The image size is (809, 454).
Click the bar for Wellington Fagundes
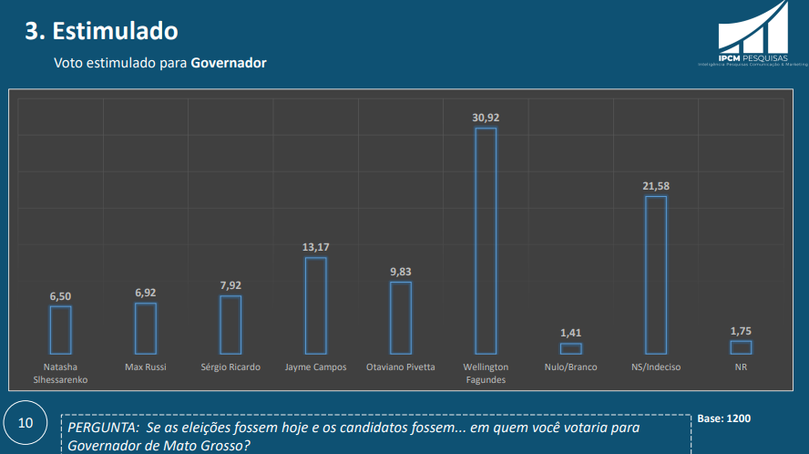tap(486, 241)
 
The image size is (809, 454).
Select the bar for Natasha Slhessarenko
tap(61, 329)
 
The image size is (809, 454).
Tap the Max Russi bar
tap(146, 328)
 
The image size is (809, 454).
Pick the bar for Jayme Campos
tap(315, 305)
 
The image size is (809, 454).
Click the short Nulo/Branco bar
tap(571, 348)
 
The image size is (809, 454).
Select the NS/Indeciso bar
tap(656, 274)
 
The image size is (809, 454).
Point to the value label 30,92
tap(486, 118)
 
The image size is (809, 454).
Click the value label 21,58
tap(656, 186)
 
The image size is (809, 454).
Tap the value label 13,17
tap(315, 247)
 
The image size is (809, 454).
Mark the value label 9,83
tap(401, 272)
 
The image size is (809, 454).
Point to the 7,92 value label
tap(230, 285)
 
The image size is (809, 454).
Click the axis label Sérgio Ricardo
tap(230, 367)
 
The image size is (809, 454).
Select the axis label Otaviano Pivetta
tap(401, 367)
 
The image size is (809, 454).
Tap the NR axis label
tap(741, 367)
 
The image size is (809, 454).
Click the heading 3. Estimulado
tap(101, 31)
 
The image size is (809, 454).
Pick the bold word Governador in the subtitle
tap(229, 64)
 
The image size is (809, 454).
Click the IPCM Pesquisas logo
tap(753, 35)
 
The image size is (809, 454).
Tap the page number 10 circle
tap(26, 423)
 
